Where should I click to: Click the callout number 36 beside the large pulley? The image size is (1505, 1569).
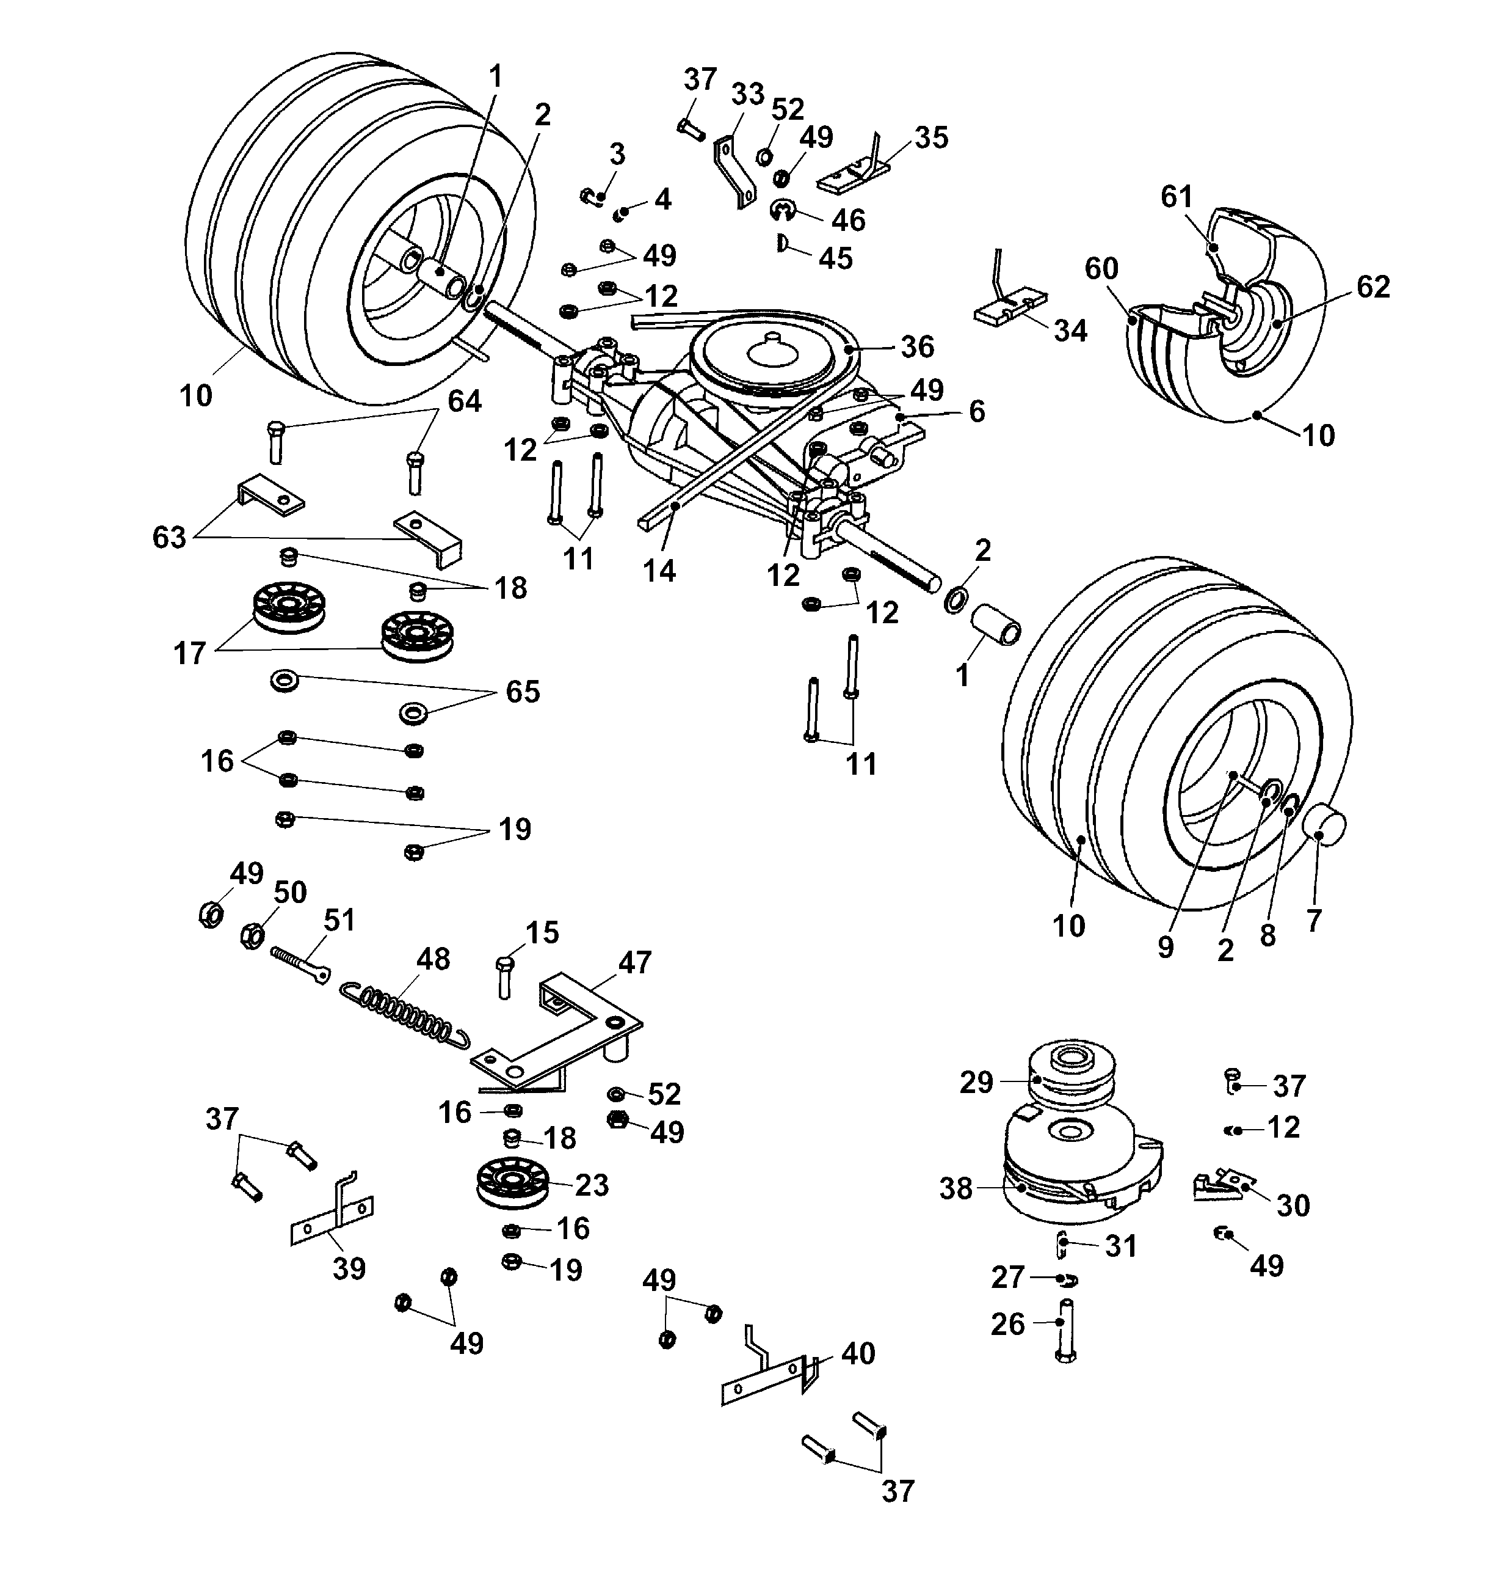point(917,346)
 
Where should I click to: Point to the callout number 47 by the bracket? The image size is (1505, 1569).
point(634,962)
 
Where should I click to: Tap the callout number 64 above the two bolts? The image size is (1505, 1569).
point(464,401)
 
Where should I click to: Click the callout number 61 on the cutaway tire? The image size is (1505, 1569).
point(1176,197)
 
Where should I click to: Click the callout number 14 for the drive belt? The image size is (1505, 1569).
point(659,571)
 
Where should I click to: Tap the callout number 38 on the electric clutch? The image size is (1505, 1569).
point(956,1189)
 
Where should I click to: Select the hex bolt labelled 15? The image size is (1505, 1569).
point(504,976)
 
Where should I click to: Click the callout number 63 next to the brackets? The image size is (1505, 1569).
point(169,537)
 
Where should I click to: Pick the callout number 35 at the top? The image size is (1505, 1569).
point(931,137)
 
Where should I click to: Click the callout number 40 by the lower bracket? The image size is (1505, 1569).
point(858,1354)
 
